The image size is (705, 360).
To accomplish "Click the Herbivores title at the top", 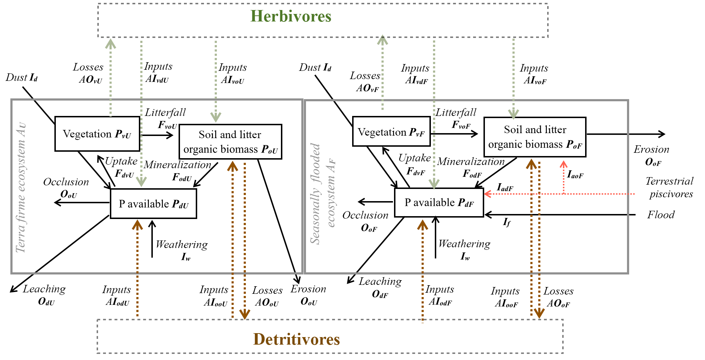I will pos(291,16).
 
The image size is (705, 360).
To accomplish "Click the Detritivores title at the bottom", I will pos(296,339).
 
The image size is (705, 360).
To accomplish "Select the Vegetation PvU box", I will pos(97,134).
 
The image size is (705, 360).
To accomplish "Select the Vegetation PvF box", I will pos(391,132).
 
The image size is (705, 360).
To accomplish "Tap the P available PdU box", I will pos(154,204).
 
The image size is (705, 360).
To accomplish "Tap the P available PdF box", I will pos(439,203).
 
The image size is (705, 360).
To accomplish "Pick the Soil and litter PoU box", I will pos(230,142).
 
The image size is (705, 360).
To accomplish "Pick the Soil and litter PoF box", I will pos(535,137).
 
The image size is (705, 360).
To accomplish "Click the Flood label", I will pos(661,215).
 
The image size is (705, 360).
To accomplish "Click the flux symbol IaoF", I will pos(575,175).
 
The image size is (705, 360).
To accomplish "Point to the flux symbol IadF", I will pos(505,187).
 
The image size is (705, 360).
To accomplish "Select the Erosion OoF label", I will pos(652,155).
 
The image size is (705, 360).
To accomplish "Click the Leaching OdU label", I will pos(45,295).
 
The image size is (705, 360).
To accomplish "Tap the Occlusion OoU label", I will pos(66,188).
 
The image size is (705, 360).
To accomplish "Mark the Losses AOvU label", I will pos(89,73).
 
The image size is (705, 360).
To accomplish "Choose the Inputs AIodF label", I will pos(440,296).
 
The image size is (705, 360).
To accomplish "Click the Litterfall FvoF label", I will pos(456,118).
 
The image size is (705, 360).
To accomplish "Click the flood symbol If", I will pos(507,223).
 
